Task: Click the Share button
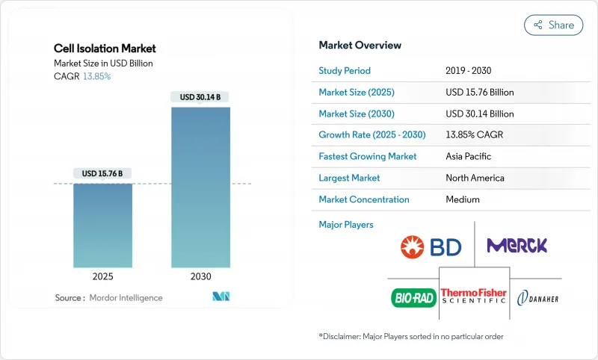click(x=554, y=25)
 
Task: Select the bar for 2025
click(x=102, y=225)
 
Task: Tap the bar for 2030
click(x=200, y=187)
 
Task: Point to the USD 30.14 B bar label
click(x=200, y=97)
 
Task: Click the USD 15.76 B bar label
click(x=102, y=173)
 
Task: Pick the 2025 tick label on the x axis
click(x=102, y=276)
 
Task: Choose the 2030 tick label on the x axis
click(x=200, y=276)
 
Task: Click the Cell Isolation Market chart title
click(x=105, y=49)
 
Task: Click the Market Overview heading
click(x=360, y=46)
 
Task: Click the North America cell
click(x=475, y=178)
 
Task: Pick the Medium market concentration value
click(x=463, y=199)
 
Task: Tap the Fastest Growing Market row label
click(x=368, y=157)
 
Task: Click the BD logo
click(x=431, y=246)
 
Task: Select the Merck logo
click(x=517, y=245)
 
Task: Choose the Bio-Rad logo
click(x=413, y=298)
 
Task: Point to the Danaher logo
click(x=538, y=298)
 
